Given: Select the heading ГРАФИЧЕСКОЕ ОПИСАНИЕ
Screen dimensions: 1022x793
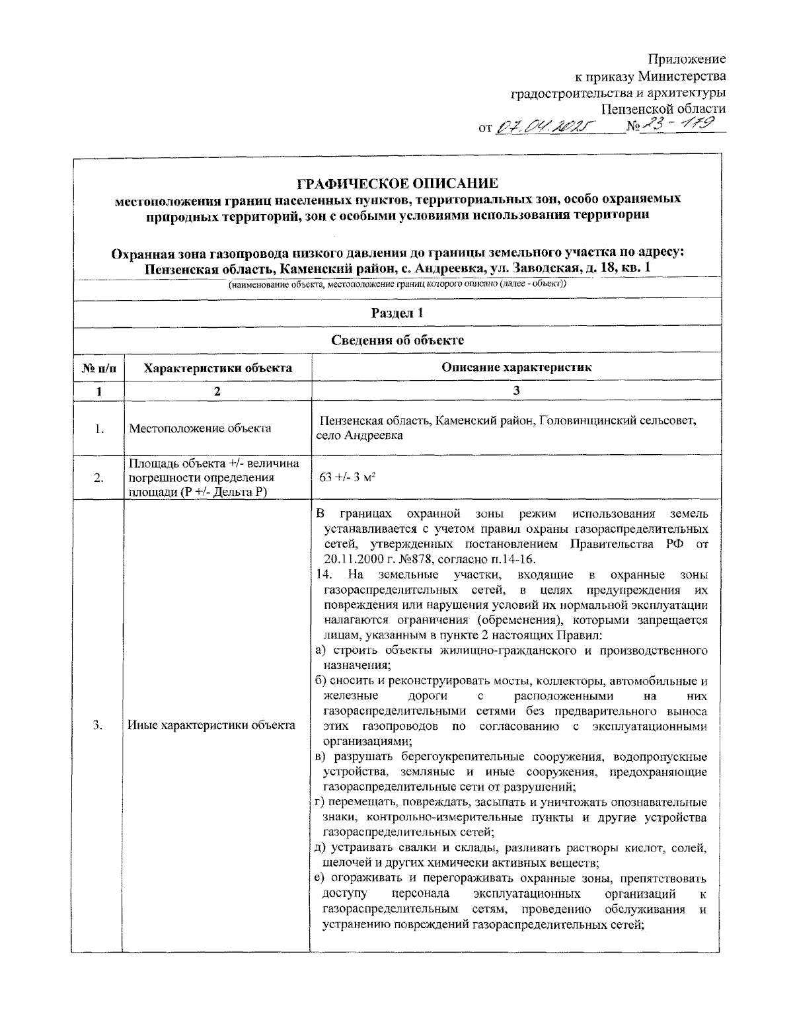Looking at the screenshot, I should point(397,183).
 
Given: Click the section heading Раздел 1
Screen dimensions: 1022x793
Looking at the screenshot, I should point(397,313).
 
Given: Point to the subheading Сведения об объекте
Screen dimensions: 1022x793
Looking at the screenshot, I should point(397,340).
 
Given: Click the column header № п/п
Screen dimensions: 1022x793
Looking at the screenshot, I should point(98,368).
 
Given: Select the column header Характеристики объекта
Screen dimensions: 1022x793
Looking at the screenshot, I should point(218,368).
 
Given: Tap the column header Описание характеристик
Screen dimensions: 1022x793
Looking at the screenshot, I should point(516,368).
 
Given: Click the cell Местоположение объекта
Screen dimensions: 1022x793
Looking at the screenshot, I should point(200,428).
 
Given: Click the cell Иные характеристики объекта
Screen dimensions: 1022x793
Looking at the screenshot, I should point(211,726).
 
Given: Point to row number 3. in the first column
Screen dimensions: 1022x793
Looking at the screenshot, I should point(98,726).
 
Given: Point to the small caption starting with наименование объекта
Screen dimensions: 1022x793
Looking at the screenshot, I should point(397,284).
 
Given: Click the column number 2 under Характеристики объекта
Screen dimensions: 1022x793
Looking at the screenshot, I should point(217,391).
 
